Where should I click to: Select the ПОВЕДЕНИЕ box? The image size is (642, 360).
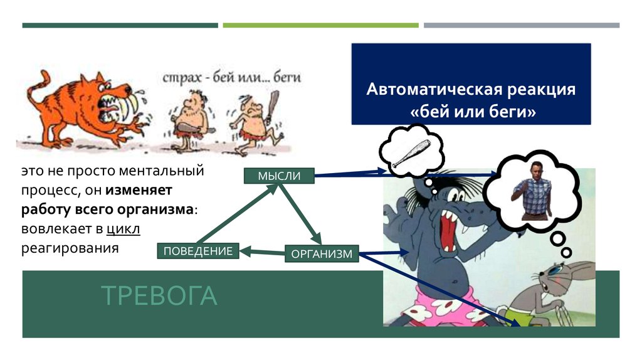pyautogui.click(x=197, y=251)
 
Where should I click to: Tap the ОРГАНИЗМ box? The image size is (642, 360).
pyautogui.click(x=322, y=254)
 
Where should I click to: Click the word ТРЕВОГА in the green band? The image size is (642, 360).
pyautogui.click(x=159, y=296)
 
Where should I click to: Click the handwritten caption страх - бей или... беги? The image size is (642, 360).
pyautogui.click(x=232, y=78)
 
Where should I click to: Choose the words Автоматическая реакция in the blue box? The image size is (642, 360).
pyautogui.click(x=471, y=89)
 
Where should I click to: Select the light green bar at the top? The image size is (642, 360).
pyautogui.click(x=320, y=25)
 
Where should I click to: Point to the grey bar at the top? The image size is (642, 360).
pyautogui.click(x=521, y=25)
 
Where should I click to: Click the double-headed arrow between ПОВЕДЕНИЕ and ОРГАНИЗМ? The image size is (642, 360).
pyautogui.click(x=263, y=252)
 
